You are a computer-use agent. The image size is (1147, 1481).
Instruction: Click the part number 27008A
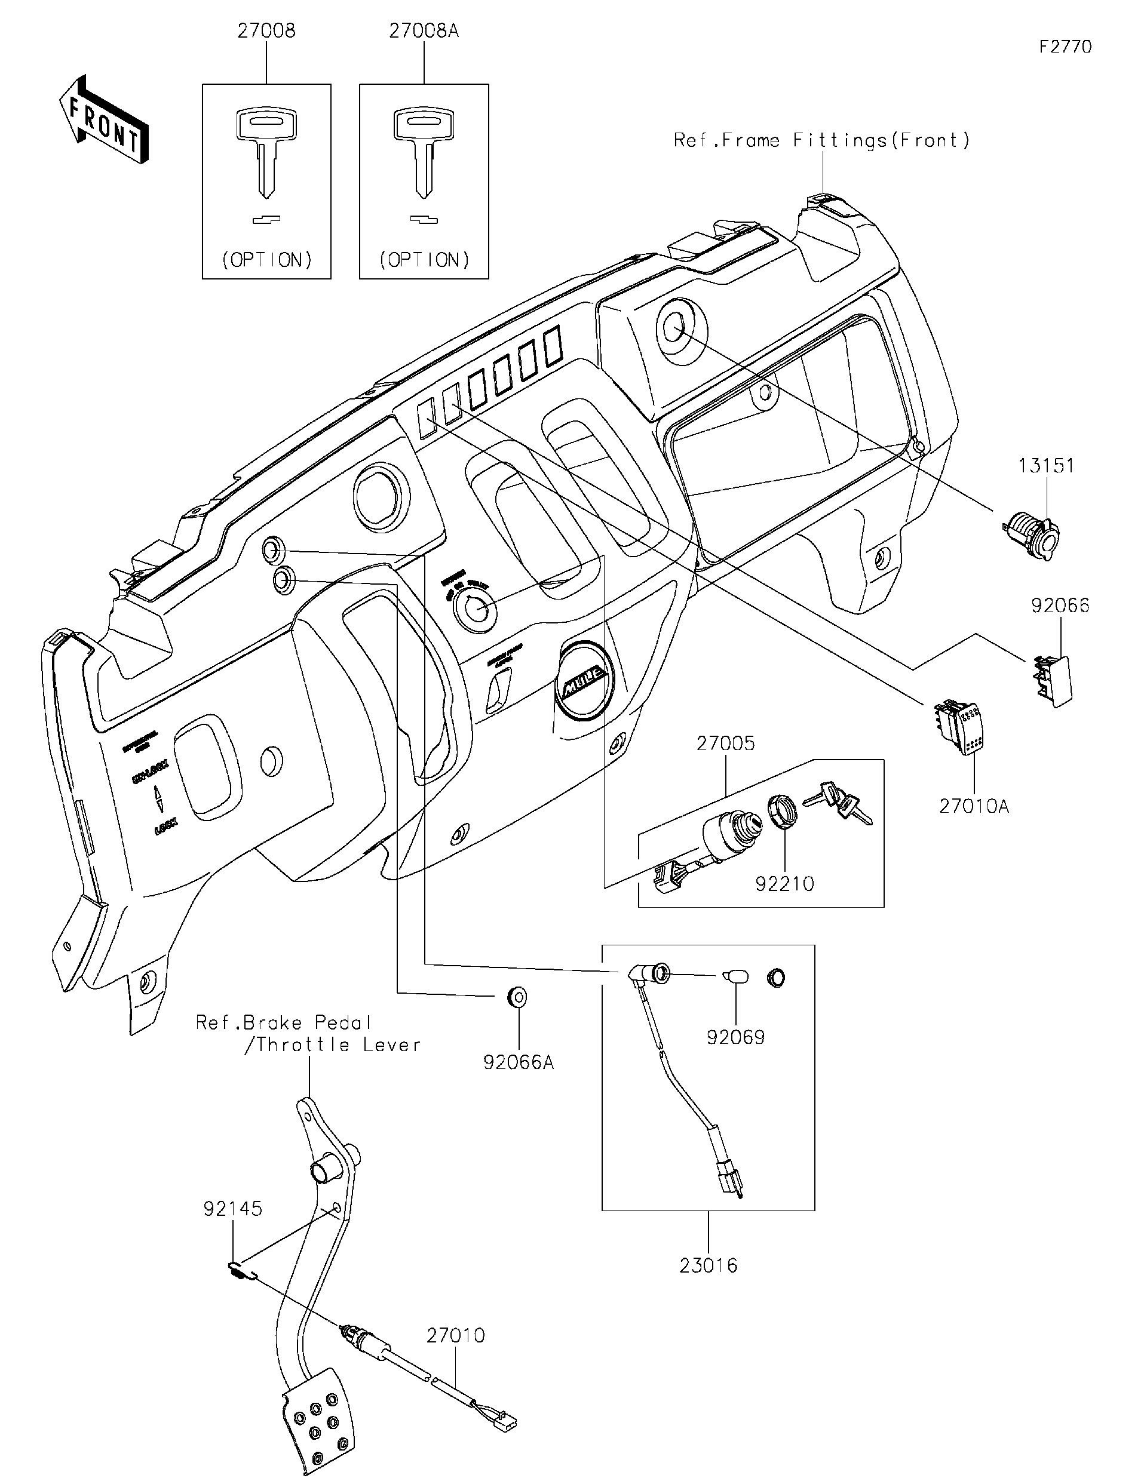tap(424, 32)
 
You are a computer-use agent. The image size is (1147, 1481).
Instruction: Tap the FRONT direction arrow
tap(104, 120)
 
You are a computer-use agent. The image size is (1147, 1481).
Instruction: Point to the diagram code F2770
tap(1065, 47)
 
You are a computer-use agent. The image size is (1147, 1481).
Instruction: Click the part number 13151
tap(1046, 466)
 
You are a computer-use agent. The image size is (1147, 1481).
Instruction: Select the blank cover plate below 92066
tap(1053, 680)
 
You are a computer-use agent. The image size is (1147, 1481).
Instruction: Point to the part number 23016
tap(708, 1265)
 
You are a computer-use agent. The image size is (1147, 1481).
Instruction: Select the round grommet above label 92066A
tap(517, 997)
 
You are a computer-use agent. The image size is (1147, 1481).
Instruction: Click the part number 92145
tap(232, 1209)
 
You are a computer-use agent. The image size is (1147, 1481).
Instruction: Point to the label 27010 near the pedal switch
tap(455, 1336)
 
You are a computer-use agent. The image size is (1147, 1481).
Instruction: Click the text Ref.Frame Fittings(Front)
tap(821, 140)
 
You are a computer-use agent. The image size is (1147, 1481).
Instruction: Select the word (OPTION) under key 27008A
tap(424, 260)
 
